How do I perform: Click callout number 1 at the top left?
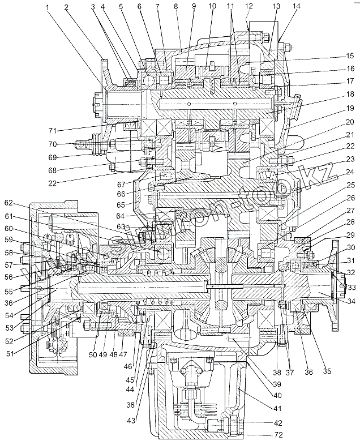coord(48,7)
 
